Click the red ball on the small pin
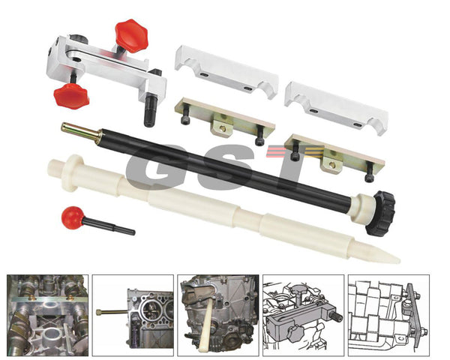pyautogui.click(x=73, y=217)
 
